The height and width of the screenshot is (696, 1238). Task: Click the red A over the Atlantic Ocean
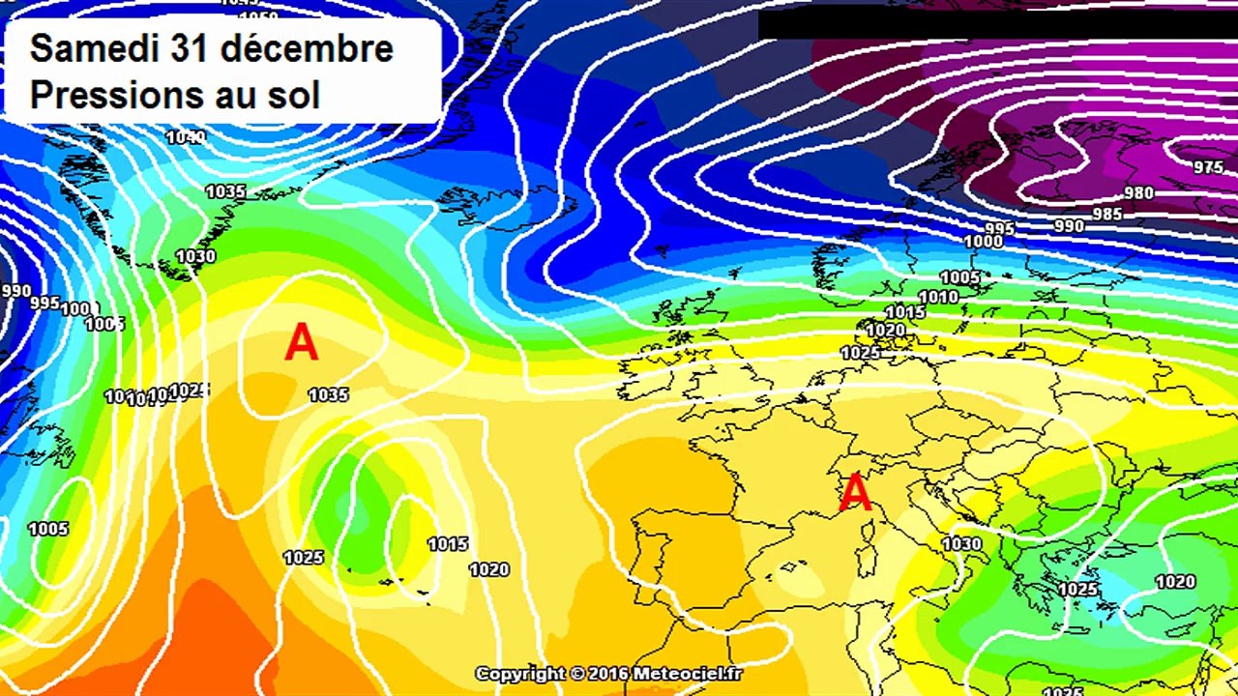301,343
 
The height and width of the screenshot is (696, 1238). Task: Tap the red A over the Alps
855,492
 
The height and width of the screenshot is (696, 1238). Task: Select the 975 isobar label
1208,167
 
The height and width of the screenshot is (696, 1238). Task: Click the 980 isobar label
1138,193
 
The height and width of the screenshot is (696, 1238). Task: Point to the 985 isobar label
1106,214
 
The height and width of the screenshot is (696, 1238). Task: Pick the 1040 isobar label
186,137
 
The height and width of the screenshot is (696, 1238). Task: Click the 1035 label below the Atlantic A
329,394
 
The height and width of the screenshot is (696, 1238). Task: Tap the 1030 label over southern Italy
962,544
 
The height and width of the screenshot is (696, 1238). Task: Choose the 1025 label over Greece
1078,590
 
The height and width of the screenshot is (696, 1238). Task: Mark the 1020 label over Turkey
1175,582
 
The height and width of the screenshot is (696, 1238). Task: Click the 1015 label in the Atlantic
448,544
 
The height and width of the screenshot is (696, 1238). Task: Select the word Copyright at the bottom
519,674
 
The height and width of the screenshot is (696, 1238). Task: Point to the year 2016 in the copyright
609,674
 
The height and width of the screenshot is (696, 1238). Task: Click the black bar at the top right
996,25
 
